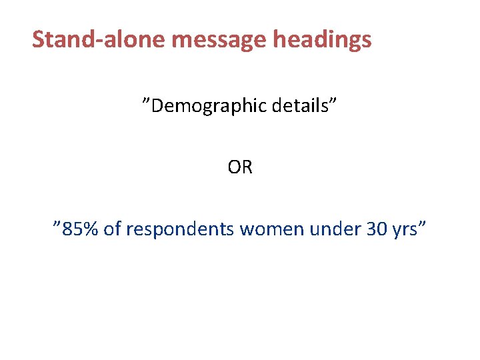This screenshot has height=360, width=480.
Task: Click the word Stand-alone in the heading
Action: pos(99,40)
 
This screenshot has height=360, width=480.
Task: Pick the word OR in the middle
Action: pos(240,167)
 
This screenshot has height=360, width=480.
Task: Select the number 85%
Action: pos(81,229)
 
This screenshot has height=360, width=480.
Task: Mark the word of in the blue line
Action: pos(113,229)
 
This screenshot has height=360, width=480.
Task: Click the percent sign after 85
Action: pos(92,229)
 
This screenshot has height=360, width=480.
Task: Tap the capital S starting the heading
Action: pos(39,40)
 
